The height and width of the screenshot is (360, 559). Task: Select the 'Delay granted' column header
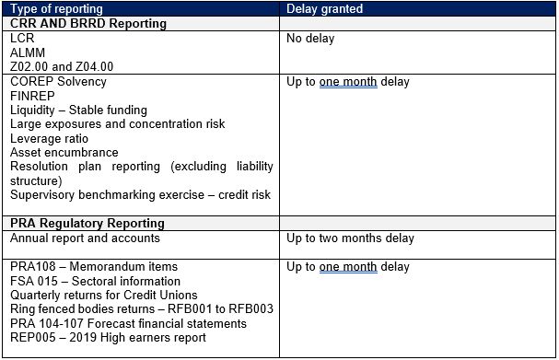325,9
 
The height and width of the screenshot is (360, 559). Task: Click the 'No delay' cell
311,40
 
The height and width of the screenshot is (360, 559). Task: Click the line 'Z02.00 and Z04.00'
63,67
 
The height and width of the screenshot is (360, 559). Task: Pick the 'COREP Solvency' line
59,82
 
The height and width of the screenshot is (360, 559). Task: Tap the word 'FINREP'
34,96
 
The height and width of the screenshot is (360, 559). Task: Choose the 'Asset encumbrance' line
64,152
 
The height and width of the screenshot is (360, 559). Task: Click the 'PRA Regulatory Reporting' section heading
87,224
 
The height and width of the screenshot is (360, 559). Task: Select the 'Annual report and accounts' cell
86,238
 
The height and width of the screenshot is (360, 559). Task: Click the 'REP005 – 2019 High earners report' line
109,337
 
